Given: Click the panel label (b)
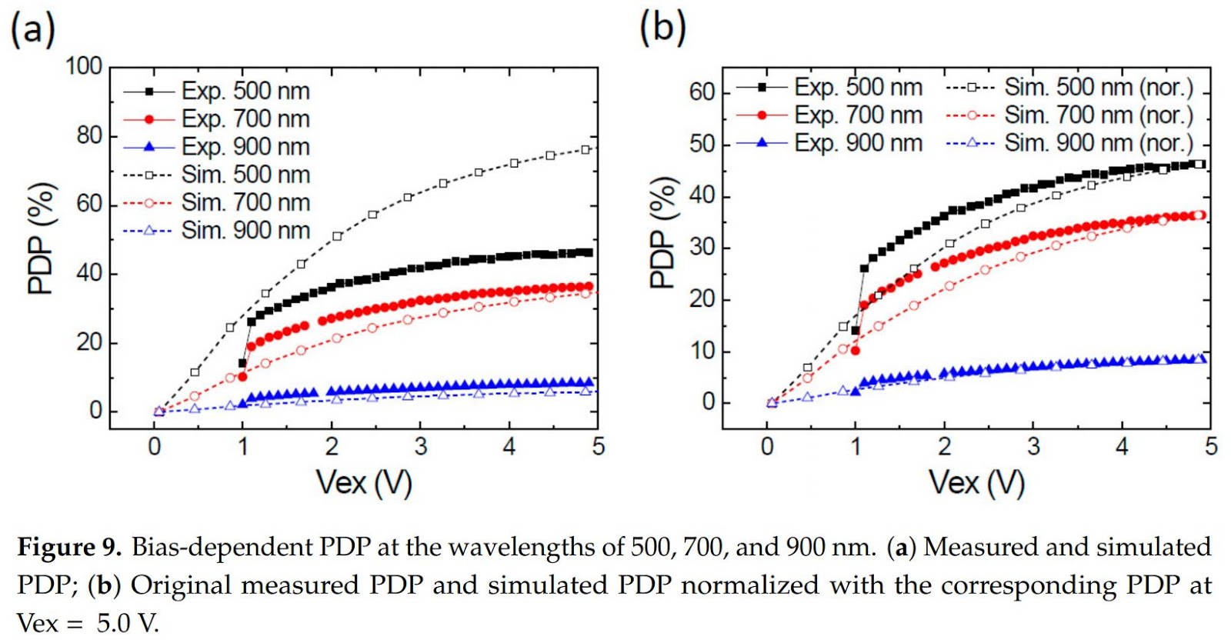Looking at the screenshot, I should coord(662,28).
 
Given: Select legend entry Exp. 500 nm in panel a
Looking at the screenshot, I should coord(245,91).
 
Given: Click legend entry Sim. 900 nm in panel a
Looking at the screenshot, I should coord(245,230).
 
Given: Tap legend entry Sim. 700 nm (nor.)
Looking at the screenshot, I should coord(1098,115).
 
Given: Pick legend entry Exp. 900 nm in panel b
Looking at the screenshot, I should coord(858,143).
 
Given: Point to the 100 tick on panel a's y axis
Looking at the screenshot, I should coord(84,66).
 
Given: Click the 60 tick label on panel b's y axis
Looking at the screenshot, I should coord(702,92).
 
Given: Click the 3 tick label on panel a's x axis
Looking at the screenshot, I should coord(420,446).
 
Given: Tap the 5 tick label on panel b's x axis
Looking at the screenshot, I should coord(1211,446).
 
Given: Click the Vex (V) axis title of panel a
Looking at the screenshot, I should coord(364,483).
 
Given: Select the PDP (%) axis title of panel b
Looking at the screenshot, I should coord(664,233).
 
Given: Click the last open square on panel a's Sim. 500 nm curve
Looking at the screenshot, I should coord(585,149).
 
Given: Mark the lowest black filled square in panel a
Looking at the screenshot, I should coord(242,363).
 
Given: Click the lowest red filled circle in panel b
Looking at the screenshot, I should coord(856,351).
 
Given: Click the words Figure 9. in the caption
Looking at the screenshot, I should coord(69,547).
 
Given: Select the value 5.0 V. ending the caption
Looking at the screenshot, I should coord(128,622).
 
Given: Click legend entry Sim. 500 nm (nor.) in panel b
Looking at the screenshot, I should coord(1098,88).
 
